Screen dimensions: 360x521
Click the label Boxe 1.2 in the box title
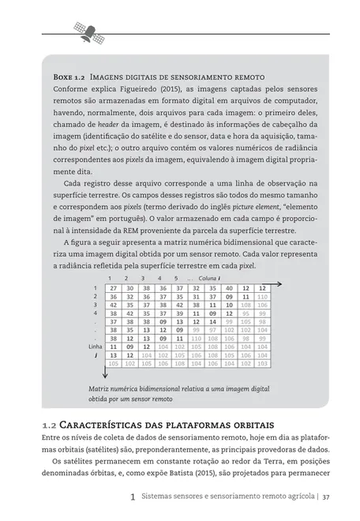(68, 79)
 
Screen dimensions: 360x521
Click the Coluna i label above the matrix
(209, 278)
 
